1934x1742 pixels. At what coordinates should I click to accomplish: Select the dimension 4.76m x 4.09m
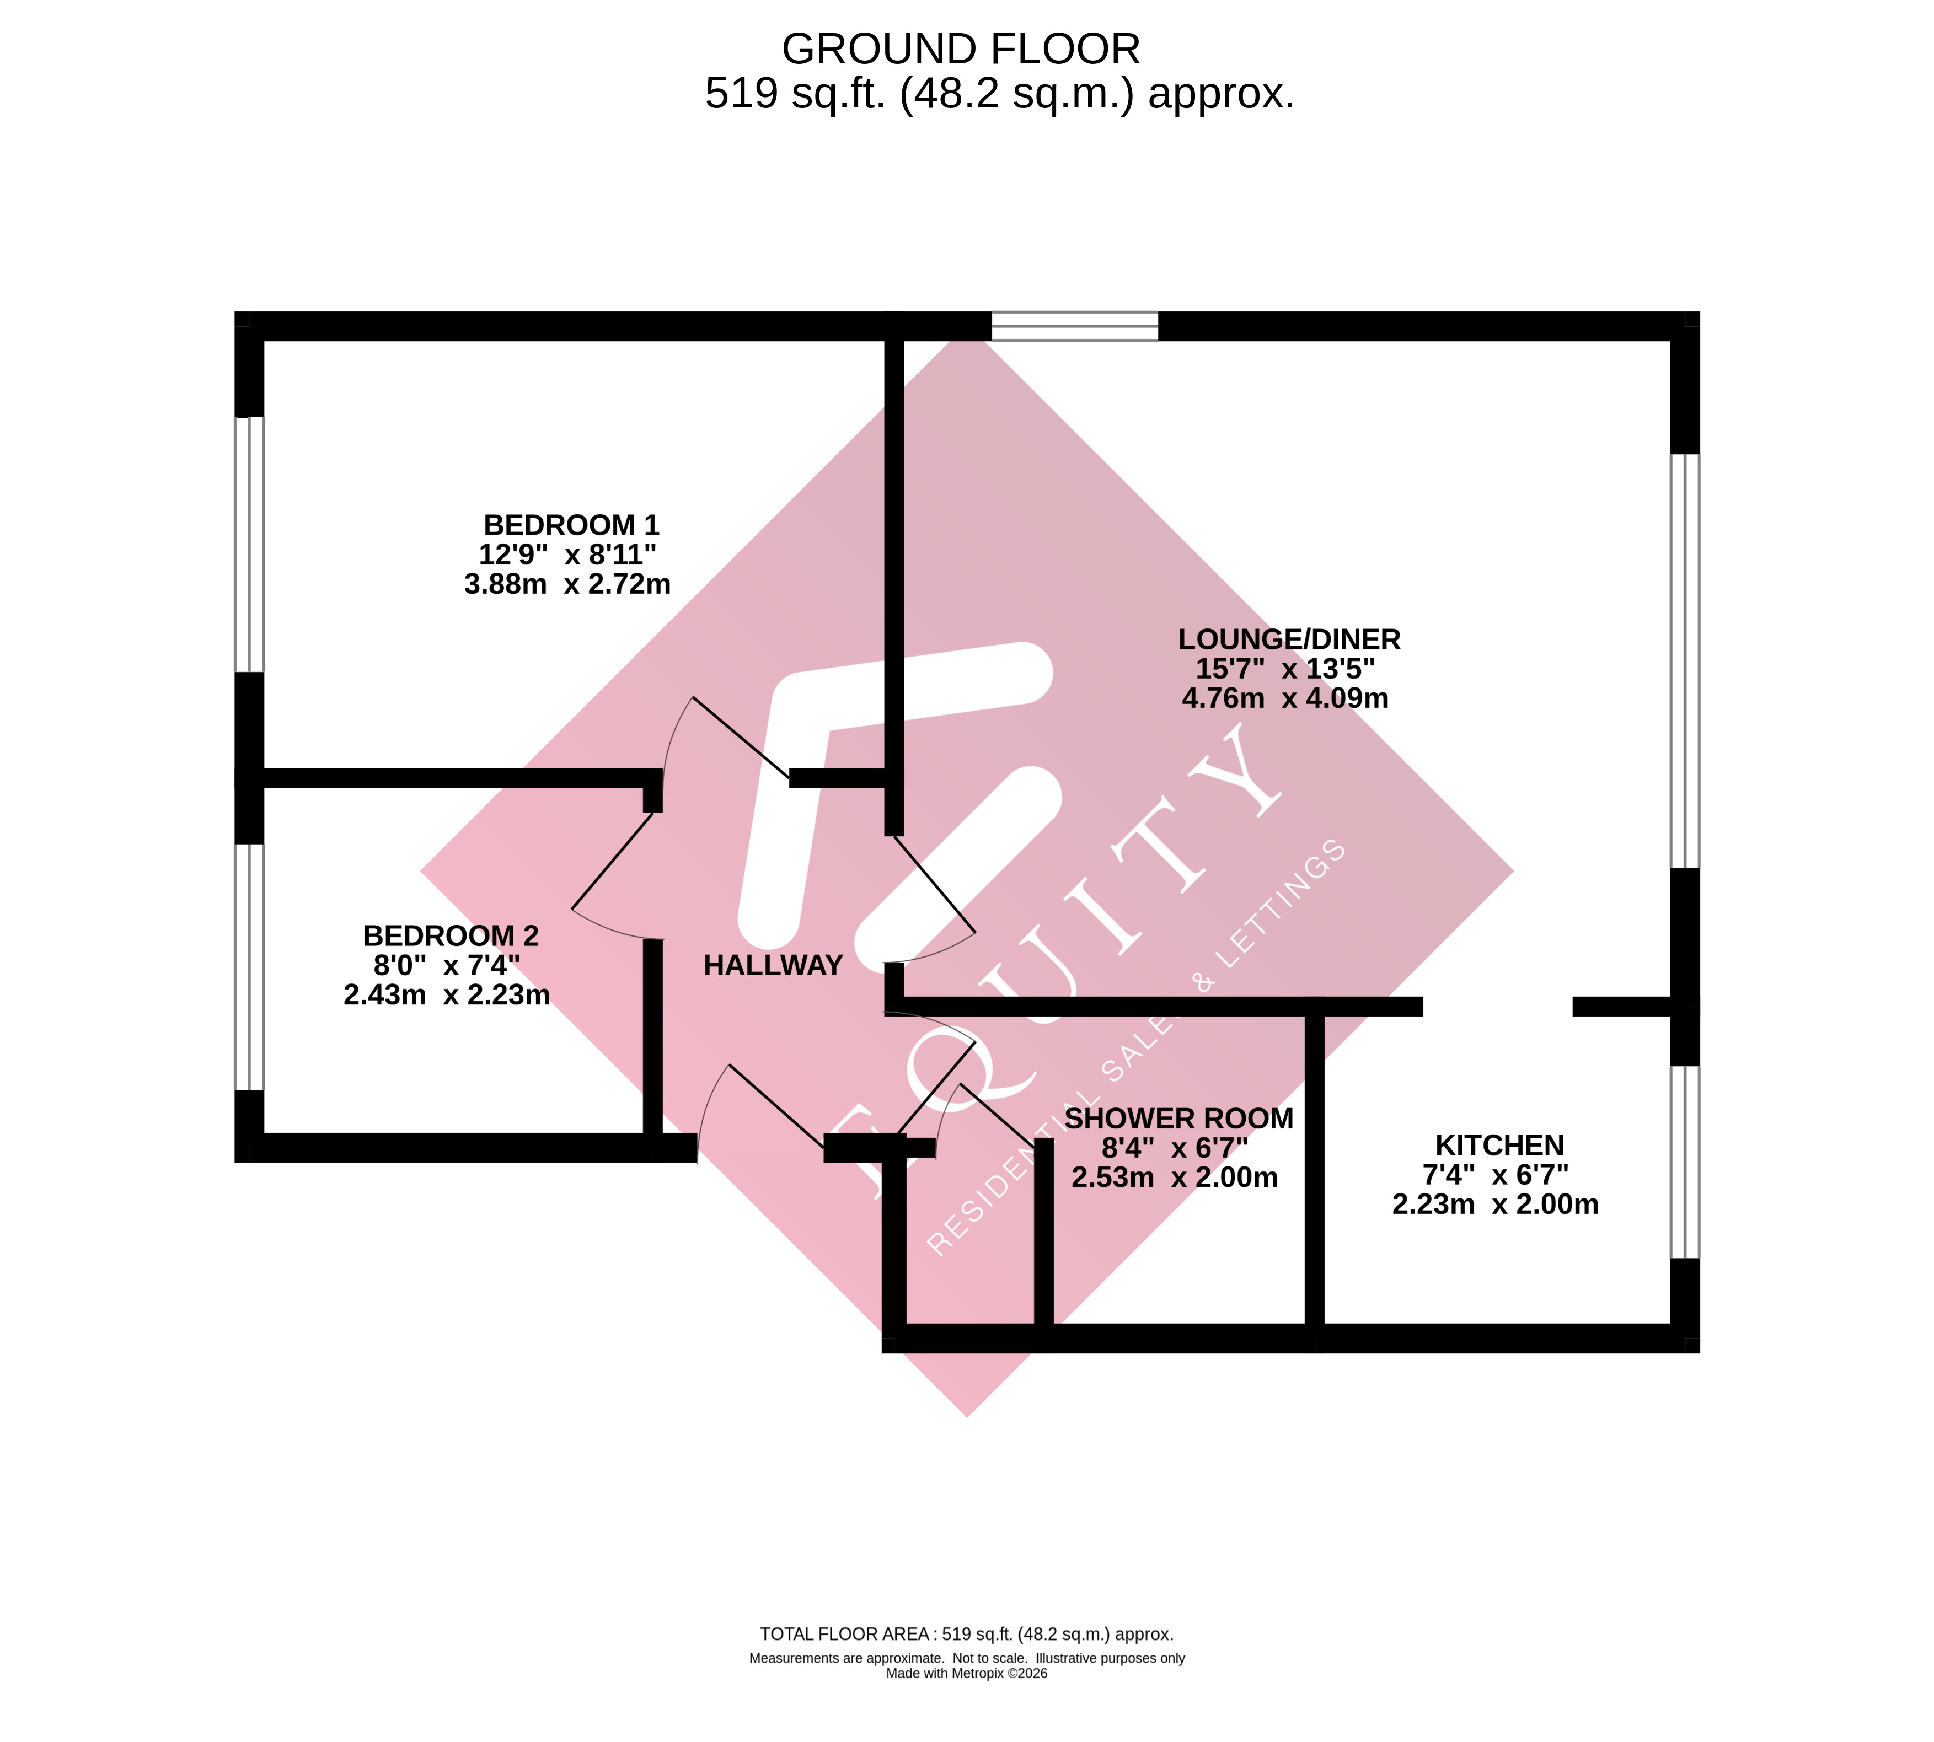(1285, 698)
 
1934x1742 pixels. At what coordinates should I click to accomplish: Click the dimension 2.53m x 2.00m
(1174, 1178)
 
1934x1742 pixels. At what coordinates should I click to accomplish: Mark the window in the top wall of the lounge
(1074, 326)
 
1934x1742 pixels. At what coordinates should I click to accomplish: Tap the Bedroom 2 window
(249, 967)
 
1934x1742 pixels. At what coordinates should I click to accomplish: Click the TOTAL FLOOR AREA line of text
(966, 1634)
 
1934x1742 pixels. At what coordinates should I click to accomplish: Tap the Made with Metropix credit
(966, 1673)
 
